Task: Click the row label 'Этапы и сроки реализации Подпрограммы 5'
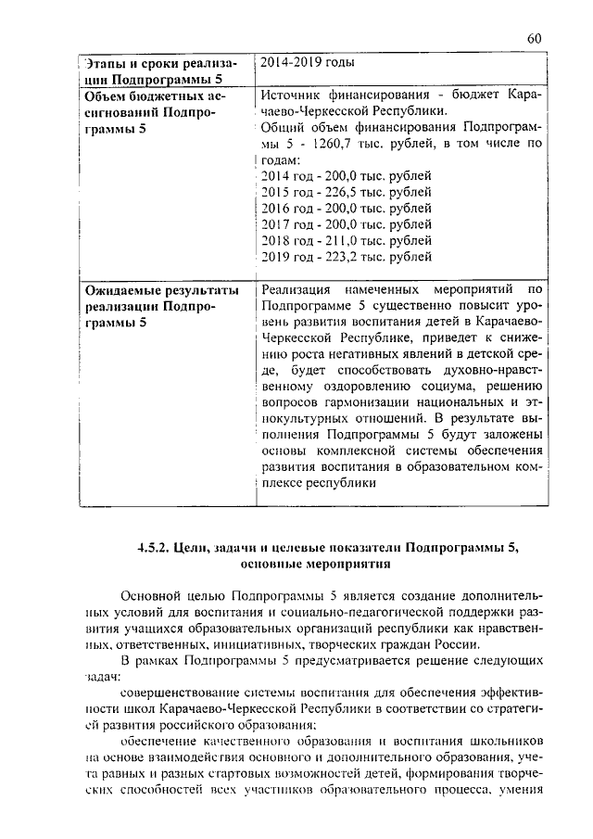tap(157, 71)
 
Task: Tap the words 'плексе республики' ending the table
tap(318, 483)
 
